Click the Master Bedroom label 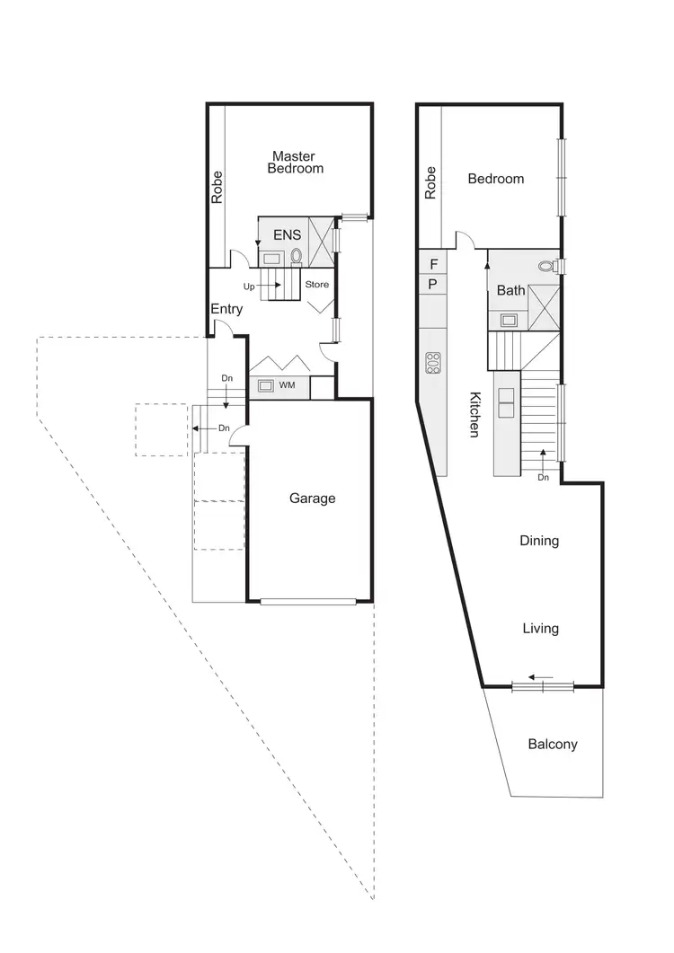pyautogui.click(x=297, y=162)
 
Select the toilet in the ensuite pyautogui.click(x=296, y=256)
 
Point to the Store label pyautogui.click(x=317, y=285)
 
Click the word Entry pyautogui.click(x=226, y=309)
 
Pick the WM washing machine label pyautogui.click(x=288, y=386)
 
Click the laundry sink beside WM pyautogui.click(x=266, y=386)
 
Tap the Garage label pyautogui.click(x=312, y=498)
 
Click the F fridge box pyautogui.click(x=433, y=264)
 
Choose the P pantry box pyautogui.click(x=433, y=285)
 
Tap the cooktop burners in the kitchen pyautogui.click(x=433, y=362)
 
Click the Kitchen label pyautogui.click(x=473, y=414)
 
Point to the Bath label pyautogui.click(x=510, y=290)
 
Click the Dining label pyautogui.click(x=539, y=541)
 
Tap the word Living pyautogui.click(x=540, y=629)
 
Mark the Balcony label pyautogui.click(x=552, y=744)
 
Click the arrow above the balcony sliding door pyautogui.click(x=540, y=677)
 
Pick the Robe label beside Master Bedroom pyautogui.click(x=217, y=187)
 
